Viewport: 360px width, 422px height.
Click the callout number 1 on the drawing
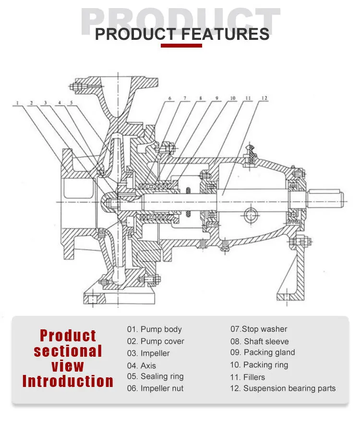(x=16, y=103)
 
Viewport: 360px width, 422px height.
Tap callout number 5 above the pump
(x=72, y=103)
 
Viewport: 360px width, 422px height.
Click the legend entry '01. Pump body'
(x=154, y=329)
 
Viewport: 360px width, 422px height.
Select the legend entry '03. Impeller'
(x=148, y=353)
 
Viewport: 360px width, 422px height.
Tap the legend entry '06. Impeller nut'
(x=155, y=388)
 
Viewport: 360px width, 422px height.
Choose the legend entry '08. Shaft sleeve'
(x=260, y=341)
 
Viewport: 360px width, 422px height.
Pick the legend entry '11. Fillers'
(x=247, y=377)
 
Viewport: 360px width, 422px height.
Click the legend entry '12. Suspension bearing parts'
(x=283, y=388)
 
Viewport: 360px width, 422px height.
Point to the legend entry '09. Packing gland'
(x=263, y=352)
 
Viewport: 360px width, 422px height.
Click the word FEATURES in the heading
(x=225, y=34)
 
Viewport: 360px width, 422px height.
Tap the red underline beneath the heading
(x=181, y=46)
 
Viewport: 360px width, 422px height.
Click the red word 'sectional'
(x=68, y=351)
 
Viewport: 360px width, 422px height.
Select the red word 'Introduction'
(x=68, y=382)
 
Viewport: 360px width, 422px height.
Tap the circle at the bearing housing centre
(x=250, y=215)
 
